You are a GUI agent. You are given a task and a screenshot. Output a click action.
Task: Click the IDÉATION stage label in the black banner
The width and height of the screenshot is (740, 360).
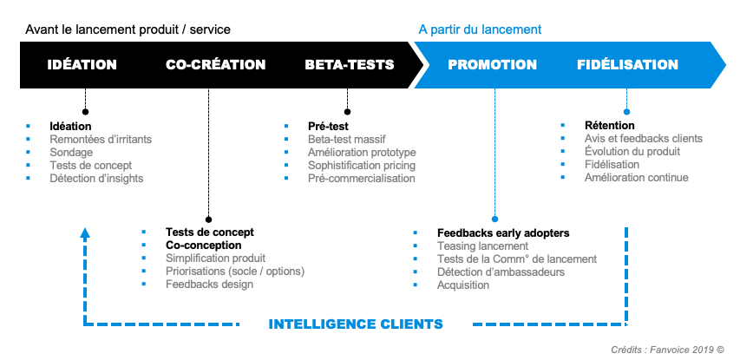(82, 65)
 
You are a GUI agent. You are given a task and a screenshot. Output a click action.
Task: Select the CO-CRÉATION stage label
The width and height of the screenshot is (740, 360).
(215, 65)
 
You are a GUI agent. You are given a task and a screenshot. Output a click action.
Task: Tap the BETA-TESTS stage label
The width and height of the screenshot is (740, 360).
(350, 65)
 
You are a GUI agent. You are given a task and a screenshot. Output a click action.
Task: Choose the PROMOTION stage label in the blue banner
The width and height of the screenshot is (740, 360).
(492, 65)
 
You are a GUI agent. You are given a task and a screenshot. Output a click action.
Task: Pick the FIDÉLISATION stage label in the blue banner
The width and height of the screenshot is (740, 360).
(627, 65)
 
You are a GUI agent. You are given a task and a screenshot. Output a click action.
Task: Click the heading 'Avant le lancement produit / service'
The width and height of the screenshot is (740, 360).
(128, 29)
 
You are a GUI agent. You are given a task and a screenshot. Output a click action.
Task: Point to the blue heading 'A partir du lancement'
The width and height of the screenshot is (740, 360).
(480, 29)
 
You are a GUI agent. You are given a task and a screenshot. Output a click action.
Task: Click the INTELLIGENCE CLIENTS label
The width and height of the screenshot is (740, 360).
(356, 324)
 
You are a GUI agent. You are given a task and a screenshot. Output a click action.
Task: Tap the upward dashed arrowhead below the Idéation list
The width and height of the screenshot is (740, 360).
(84, 232)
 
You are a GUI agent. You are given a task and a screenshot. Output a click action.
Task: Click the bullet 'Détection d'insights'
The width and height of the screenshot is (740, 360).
(96, 178)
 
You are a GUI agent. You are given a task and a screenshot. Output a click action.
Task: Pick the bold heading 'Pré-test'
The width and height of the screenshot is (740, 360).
(329, 126)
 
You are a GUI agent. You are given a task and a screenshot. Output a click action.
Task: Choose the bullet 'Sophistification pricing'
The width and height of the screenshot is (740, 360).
(362, 165)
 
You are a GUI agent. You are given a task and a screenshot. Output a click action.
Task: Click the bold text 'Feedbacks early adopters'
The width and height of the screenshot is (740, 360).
(503, 233)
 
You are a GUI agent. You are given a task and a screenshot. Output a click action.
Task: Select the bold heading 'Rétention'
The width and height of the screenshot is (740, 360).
(610, 126)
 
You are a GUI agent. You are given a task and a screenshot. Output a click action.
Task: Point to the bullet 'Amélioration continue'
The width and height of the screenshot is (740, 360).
(636, 178)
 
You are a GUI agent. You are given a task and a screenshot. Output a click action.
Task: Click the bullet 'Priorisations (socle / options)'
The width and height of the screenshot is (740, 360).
(235, 272)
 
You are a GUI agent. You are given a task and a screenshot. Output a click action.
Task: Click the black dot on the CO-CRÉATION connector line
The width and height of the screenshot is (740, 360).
(208, 219)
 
